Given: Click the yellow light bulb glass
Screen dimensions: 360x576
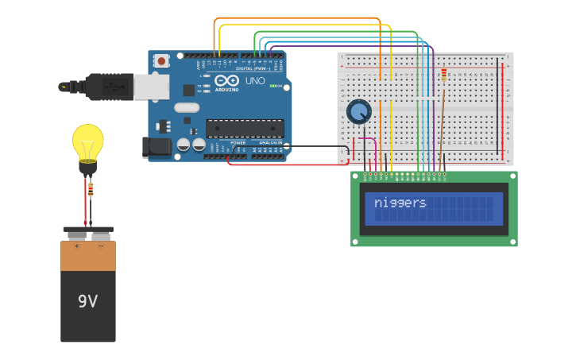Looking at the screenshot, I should tap(88, 141).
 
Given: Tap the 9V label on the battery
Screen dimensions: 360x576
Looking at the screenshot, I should tap(87, 301).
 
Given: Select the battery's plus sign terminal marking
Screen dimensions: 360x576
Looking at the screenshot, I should tap(77, 246).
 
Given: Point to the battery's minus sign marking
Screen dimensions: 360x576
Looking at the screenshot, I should tap(100, 246).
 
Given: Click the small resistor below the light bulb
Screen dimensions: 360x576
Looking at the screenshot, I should tap(91, 190).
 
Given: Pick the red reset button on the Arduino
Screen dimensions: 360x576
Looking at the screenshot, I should tap(161, 60).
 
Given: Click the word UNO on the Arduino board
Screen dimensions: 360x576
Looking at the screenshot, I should tap(255, 81).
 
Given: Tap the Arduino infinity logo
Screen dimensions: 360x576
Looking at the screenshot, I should tap(226, 80).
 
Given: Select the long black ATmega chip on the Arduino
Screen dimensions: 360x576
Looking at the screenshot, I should tap(245, 128).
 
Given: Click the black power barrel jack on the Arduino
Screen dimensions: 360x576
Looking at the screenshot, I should tap(156, 147).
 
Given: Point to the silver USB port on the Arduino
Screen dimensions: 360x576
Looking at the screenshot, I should tap(151, 87).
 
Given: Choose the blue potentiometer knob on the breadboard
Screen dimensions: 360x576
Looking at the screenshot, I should tap(358, 111).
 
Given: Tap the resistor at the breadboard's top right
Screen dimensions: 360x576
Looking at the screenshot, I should tap(443, 75).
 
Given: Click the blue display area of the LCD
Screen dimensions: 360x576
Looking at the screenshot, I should tap(434, 208).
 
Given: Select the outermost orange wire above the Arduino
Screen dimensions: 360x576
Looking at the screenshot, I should tap(298, 18).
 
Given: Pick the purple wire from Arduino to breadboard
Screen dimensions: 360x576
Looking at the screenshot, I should tap(350, 46).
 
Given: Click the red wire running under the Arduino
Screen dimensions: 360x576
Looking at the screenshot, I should tap(286, 165).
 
